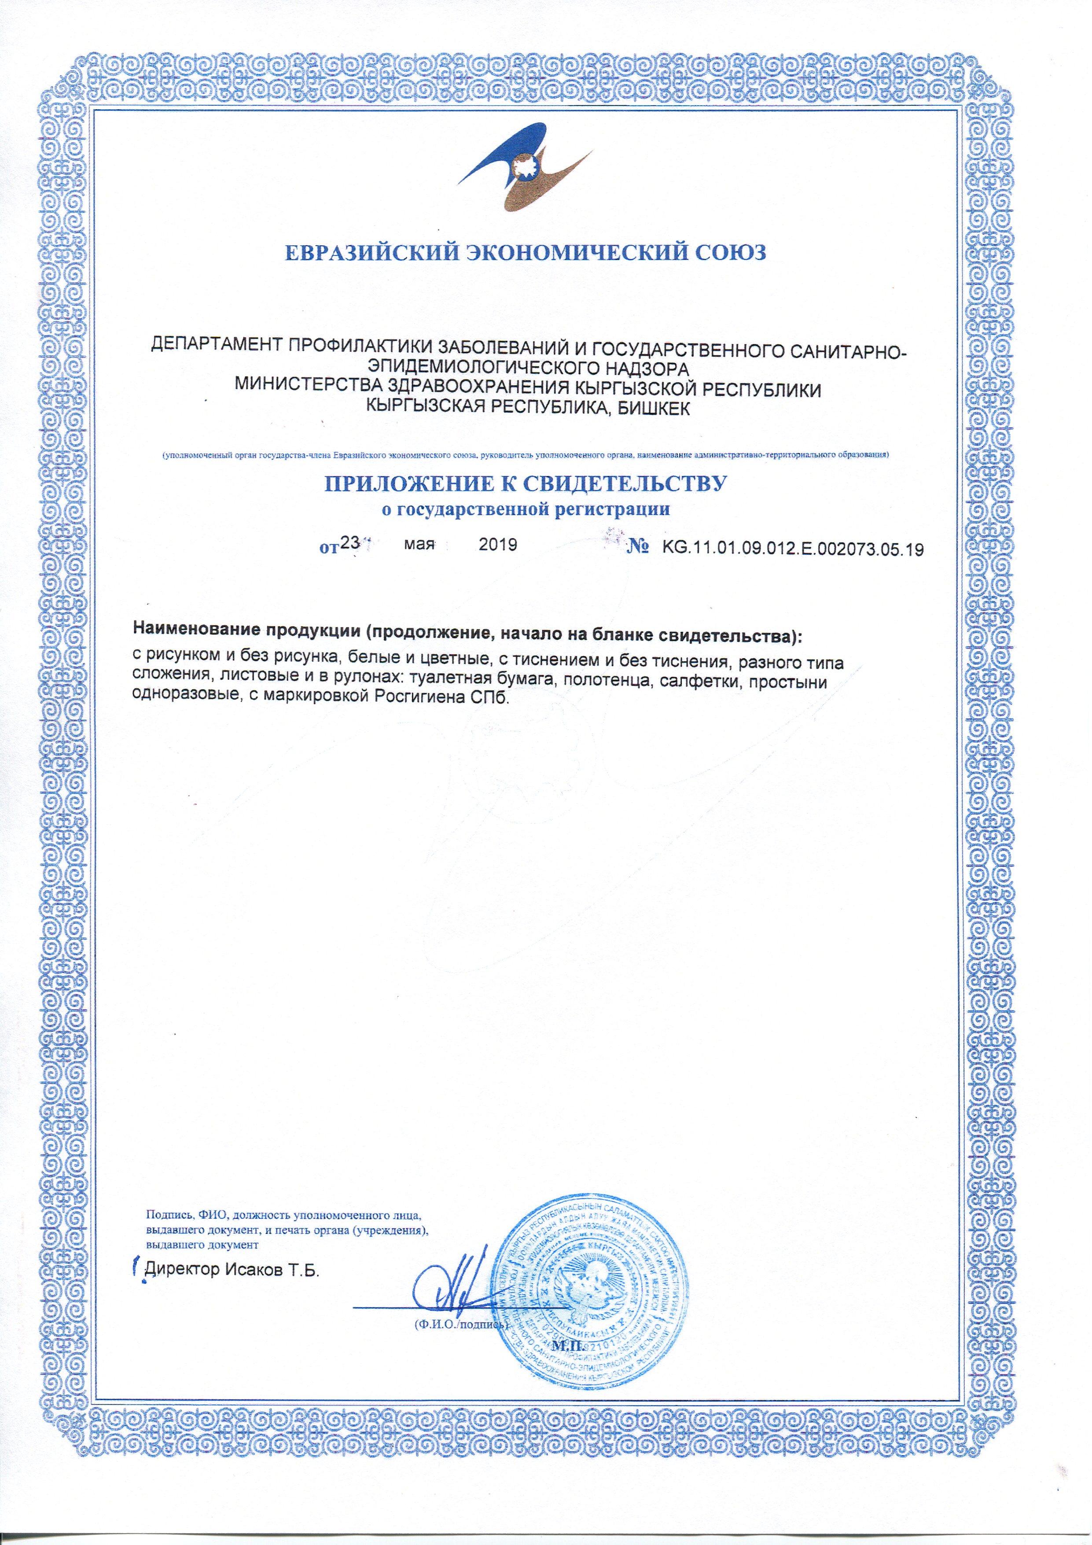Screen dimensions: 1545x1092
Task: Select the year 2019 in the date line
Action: pyautogui.click(x=497, y=545)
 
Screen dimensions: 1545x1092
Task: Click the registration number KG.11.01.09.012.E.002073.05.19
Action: pyautogui.click(x=793, y=549)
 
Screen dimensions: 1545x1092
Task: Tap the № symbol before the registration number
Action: pyautogui.click(x=636, y=547)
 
